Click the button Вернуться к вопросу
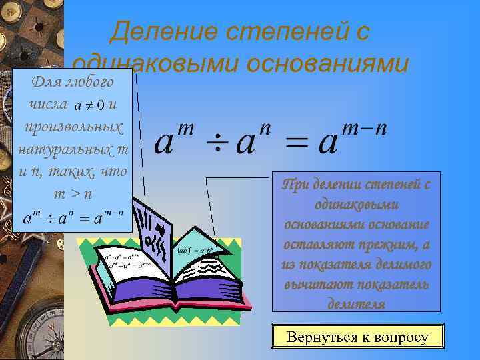click(x=357, y=337)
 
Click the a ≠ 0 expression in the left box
click(x=89, y=105)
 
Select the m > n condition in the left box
click(x=73, y=193)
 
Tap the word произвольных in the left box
click(x=73, y=126)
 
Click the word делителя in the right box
click(x=357, y=303)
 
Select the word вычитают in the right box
click(x=317, y=284)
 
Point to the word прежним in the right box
click(x=388, y=245)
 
